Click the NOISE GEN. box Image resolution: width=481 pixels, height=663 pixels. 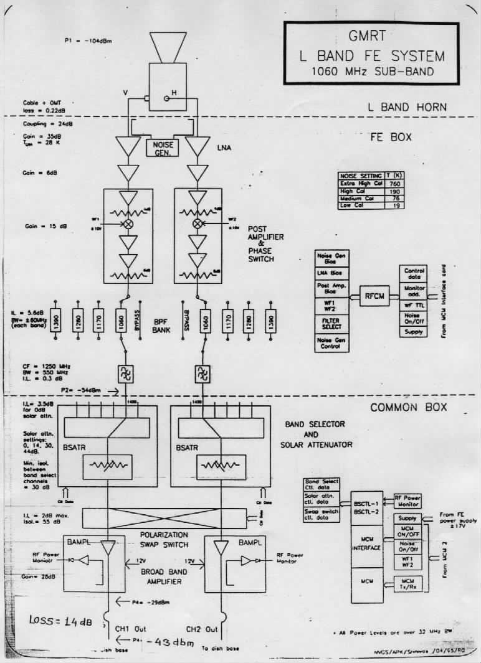163,148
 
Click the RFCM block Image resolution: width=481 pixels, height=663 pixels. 373,298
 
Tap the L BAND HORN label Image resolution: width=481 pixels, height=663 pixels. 407,107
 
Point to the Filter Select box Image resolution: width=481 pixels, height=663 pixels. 332,323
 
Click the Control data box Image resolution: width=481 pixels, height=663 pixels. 414,275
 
